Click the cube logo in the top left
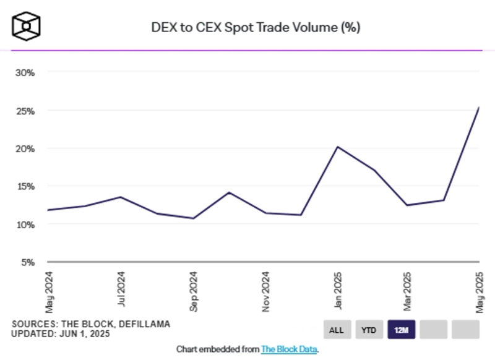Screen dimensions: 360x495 (x=26, y=25)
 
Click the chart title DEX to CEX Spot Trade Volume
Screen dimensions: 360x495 (x=256, y=28)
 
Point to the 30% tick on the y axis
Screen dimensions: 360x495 (x=25, y=72)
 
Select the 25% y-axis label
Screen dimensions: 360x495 (x=25, y=111)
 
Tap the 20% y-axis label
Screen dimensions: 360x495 (x=25, y=148)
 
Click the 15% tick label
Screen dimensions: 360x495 (x=25, y=186)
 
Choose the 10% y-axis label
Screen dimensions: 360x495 (x=25, y=224)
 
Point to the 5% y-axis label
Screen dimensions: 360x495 (x=27, y=262)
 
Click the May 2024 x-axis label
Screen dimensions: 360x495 (x=49, y=291)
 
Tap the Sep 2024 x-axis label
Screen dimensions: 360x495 (x=193, y=291)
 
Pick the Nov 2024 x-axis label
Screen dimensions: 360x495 (x=265, y=291)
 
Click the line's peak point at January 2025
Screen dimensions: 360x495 (x=337, y=147)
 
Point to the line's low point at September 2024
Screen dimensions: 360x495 (x=193, y=218)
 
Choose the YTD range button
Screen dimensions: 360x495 (x=368, y=330)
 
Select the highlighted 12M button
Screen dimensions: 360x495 (x=400, y=330)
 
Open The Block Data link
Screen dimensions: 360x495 (x=289, y=349)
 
